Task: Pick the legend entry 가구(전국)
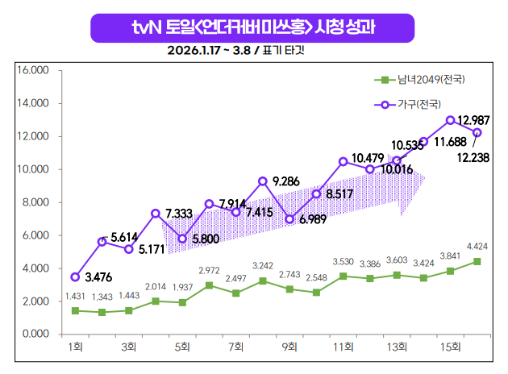[x=419, y=105]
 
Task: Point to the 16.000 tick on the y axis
[x=33, y=71]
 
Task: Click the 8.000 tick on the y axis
[x=35, y=202]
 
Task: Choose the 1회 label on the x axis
[x=75, y=348]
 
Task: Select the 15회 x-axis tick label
[x=450, y=348]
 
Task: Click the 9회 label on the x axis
[x=289, y=348]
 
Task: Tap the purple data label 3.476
[x=98, y=278]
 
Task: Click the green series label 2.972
[x=209, y=271]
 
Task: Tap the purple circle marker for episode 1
[x=75, y=276]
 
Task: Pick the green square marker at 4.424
[x=477, y=261]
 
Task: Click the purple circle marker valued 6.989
[x=289, y=218]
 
